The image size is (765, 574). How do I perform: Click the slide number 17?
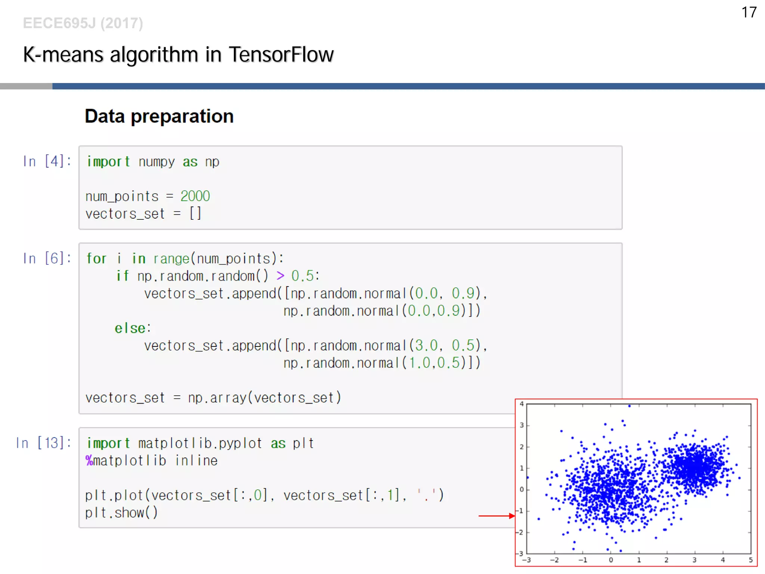749,12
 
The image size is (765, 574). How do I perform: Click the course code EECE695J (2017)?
83,23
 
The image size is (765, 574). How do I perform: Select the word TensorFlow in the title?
281,55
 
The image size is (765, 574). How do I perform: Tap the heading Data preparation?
159,116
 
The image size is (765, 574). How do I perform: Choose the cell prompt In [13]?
43,443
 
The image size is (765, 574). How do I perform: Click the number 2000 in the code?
195,196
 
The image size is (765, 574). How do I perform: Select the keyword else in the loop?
130,328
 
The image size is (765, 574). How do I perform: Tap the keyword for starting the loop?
96,259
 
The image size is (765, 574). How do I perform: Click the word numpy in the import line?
157,162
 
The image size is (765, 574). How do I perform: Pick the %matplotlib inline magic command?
151,460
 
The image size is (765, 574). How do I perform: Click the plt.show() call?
121,512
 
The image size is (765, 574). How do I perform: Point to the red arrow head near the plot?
512,516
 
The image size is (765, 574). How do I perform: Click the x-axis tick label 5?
750,560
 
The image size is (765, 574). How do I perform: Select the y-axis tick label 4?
522,404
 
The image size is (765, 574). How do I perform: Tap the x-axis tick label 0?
611,560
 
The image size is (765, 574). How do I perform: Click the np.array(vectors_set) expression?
264,398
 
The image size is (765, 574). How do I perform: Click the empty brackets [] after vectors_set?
195,214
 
